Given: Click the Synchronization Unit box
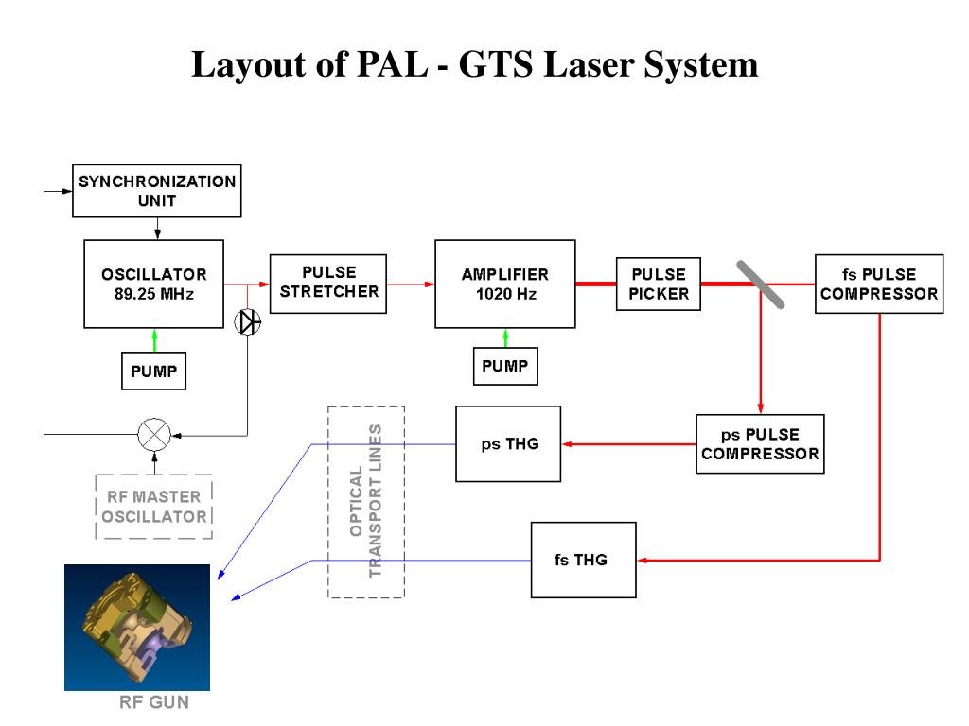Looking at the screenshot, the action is (157, 191).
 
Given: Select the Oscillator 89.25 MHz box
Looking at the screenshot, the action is (154, 284).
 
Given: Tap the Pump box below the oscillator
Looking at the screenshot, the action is (154, 371).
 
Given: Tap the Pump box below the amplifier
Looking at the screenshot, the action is (505, 366).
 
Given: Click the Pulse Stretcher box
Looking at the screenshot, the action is (328, 284).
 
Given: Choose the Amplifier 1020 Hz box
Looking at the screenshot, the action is (505, 284).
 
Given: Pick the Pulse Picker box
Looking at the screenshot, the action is (659, 284).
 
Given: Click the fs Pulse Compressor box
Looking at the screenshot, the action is (879, 284).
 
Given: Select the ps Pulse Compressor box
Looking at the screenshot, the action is (760, 444).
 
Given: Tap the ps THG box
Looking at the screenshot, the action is (508, 444).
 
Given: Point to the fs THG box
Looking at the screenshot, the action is (583, 560).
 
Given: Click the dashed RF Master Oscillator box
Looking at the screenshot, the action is (154, 507).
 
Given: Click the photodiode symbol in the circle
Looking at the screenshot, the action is (248, 321).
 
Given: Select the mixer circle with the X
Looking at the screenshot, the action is (154, 435).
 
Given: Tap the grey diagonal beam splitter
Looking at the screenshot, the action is (761, 285).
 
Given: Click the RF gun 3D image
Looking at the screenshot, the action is (137, 628).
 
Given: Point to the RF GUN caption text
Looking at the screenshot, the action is (154, 702).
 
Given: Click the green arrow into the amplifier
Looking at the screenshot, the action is (505, 338).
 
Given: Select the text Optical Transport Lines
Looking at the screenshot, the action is (366, 501).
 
